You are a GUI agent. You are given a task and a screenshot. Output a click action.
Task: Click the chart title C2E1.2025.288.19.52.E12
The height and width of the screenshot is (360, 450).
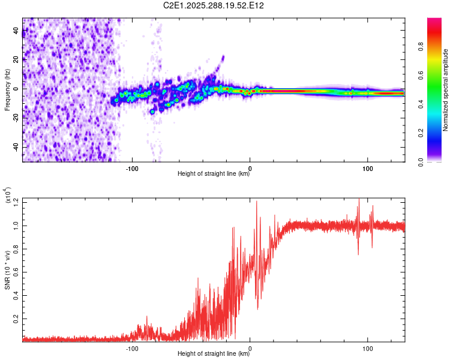pyautogui.click(x=213, y=5)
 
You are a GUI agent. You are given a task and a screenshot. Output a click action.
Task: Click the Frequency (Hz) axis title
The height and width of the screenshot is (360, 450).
pyautogui.click(x=7, y=89)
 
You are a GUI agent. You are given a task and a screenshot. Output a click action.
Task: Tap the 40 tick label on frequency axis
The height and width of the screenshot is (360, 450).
pyautogui.click(x=16, y=30)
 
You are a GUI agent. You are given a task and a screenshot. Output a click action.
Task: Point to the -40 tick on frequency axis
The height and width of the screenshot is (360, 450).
pyautogui.click(x=16, y=147)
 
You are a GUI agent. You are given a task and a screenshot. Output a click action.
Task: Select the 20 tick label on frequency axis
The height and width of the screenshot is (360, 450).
pyautogui.click(x=16, y=59)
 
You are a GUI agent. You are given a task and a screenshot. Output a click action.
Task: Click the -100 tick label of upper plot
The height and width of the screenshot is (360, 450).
pyautogui.click(x=132, y=169)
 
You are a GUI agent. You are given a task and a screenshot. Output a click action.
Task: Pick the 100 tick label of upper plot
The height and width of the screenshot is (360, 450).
pyautogui.click(x=368, y=169)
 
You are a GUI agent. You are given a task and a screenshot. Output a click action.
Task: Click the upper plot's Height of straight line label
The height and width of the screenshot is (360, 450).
pyautogui.click(x=214, y=173)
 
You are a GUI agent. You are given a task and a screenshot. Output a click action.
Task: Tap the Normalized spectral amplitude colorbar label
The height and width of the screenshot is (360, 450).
pyautogui.click(x=445, y=90)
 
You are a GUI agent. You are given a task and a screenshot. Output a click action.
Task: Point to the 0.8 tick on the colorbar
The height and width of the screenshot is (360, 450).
pyautogui.click(x=421, y=46)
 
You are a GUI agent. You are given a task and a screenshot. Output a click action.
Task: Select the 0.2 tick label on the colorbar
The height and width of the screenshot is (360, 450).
pyautogui.click(x=421, y=133)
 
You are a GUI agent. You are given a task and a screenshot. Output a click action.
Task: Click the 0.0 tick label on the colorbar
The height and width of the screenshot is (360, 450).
pyautogui.click(x=421, y=162)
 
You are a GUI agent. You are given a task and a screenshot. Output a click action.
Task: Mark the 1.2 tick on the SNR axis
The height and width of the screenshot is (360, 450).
pyautogui.click(x=16, y=202)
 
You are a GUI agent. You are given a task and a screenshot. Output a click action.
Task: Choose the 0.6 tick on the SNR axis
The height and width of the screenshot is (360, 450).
pyautogui.click(x=16, y=272)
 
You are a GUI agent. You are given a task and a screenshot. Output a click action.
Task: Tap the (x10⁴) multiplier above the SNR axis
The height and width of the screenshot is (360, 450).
pyautogui.click(x=8, y=196)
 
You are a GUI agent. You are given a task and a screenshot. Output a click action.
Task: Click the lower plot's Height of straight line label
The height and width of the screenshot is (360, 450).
pyautogui.click(x=214, y=353)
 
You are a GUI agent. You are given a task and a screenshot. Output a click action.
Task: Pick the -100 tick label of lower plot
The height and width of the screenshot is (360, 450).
pyautogui.click(x=132, y=349)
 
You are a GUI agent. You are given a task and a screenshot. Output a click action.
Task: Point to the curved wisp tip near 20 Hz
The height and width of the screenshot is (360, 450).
pyautogui.click(x=223, y=56)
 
